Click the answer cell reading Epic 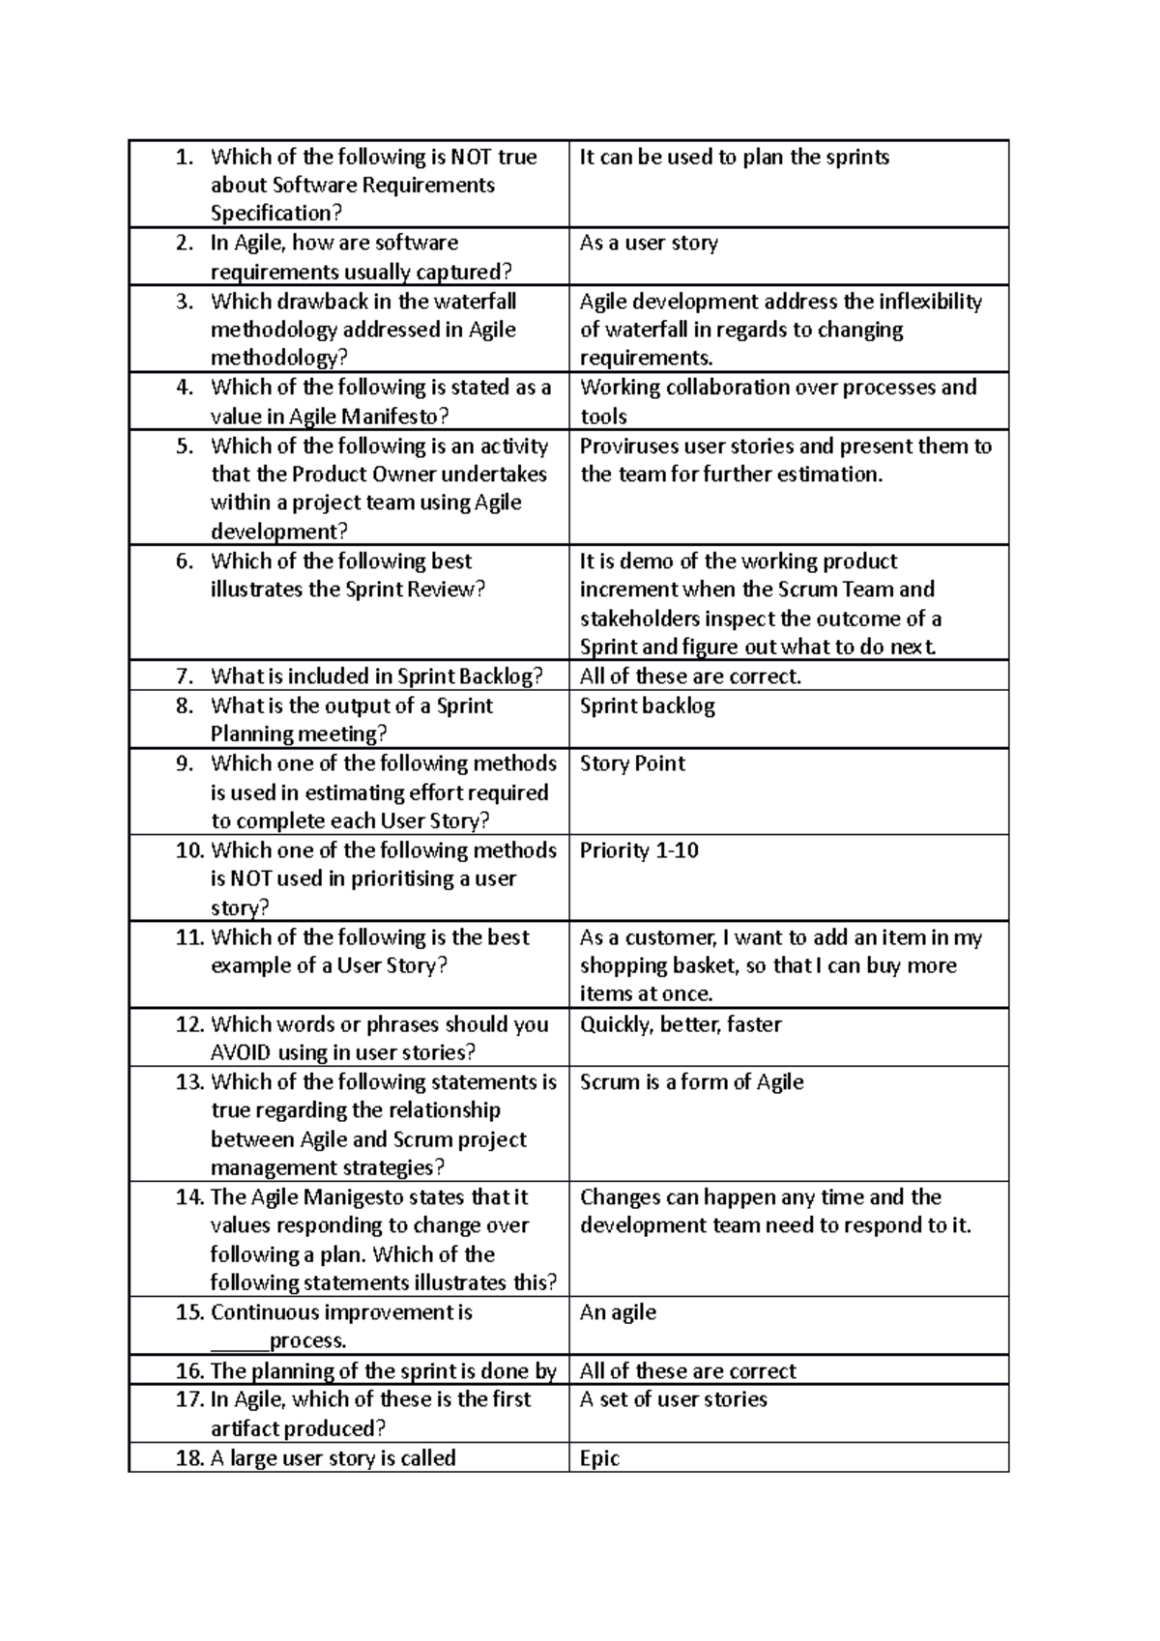coord(599,1457)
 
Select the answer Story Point coord(632,763)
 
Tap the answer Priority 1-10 coord(639,850)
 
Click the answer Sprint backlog coord(647,706)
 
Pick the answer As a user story coord(649,243)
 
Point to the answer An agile coord(618,1312)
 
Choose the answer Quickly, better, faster coord(681,1024)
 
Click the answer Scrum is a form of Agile coord(691,1082)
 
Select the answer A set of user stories coord(673,1399)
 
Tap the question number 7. coord(186,677)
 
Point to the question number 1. coord(186,157)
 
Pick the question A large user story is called coord(333,1457)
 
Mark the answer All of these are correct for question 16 coord(687,1370)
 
